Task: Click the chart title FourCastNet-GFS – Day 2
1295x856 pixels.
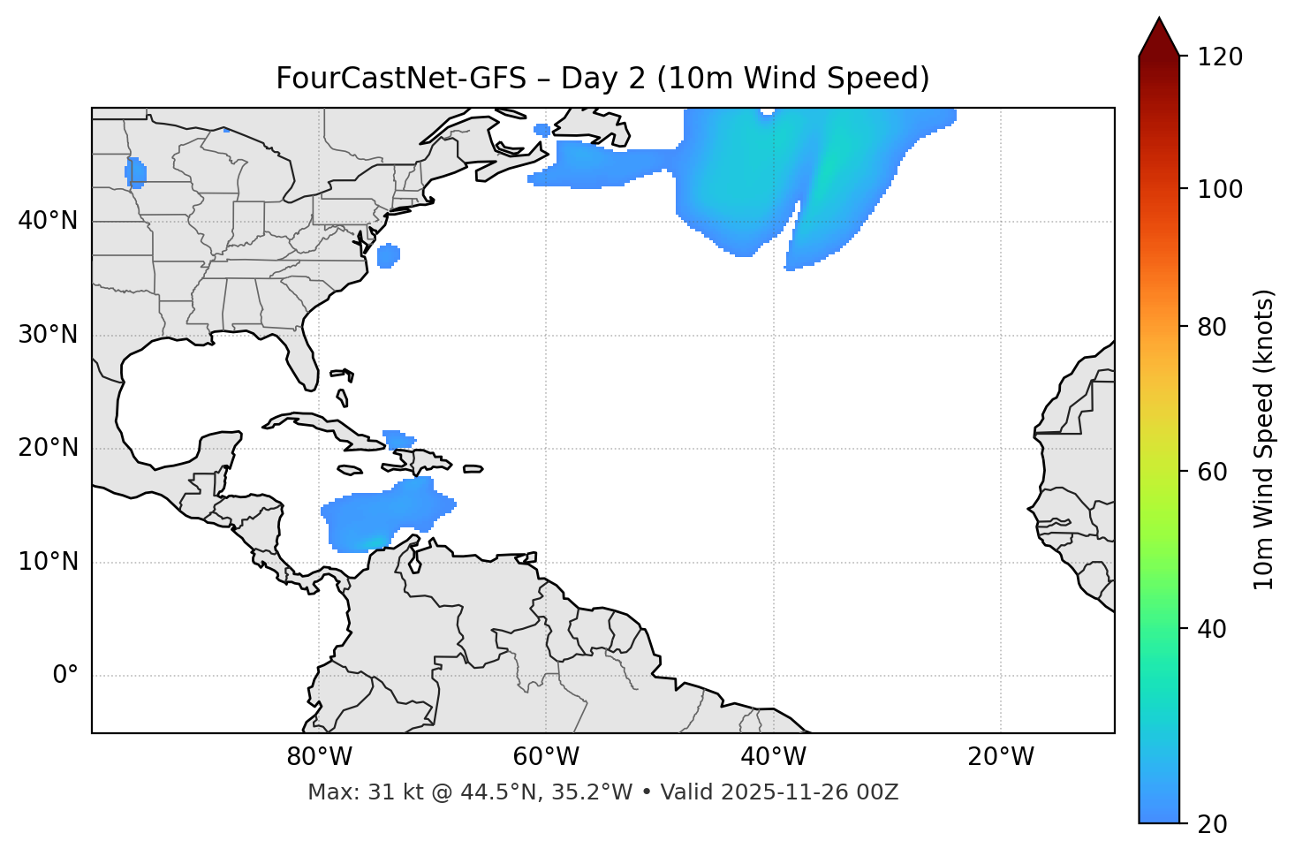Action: [x=602, y=79]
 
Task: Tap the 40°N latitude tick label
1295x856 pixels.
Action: [x=48, y=221]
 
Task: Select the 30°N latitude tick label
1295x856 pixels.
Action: [x=48, y=335]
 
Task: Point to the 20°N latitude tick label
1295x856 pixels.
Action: [x=48, y=448]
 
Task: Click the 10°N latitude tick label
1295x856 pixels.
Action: [x=48, y=562]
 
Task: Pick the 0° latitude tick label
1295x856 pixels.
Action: [x=65, y=676]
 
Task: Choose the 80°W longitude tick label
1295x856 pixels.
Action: [x=319, y=757]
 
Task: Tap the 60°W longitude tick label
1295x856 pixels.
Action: [x=546, y=757]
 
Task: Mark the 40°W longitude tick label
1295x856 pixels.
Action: [x=773, y=757]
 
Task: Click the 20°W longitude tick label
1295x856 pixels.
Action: [x=1000, y=757]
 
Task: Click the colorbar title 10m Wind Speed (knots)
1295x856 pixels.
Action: [x=1264, y=439]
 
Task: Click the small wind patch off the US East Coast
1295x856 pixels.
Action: [x=388, y=256]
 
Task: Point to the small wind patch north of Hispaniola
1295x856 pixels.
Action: [x=398, y=439]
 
